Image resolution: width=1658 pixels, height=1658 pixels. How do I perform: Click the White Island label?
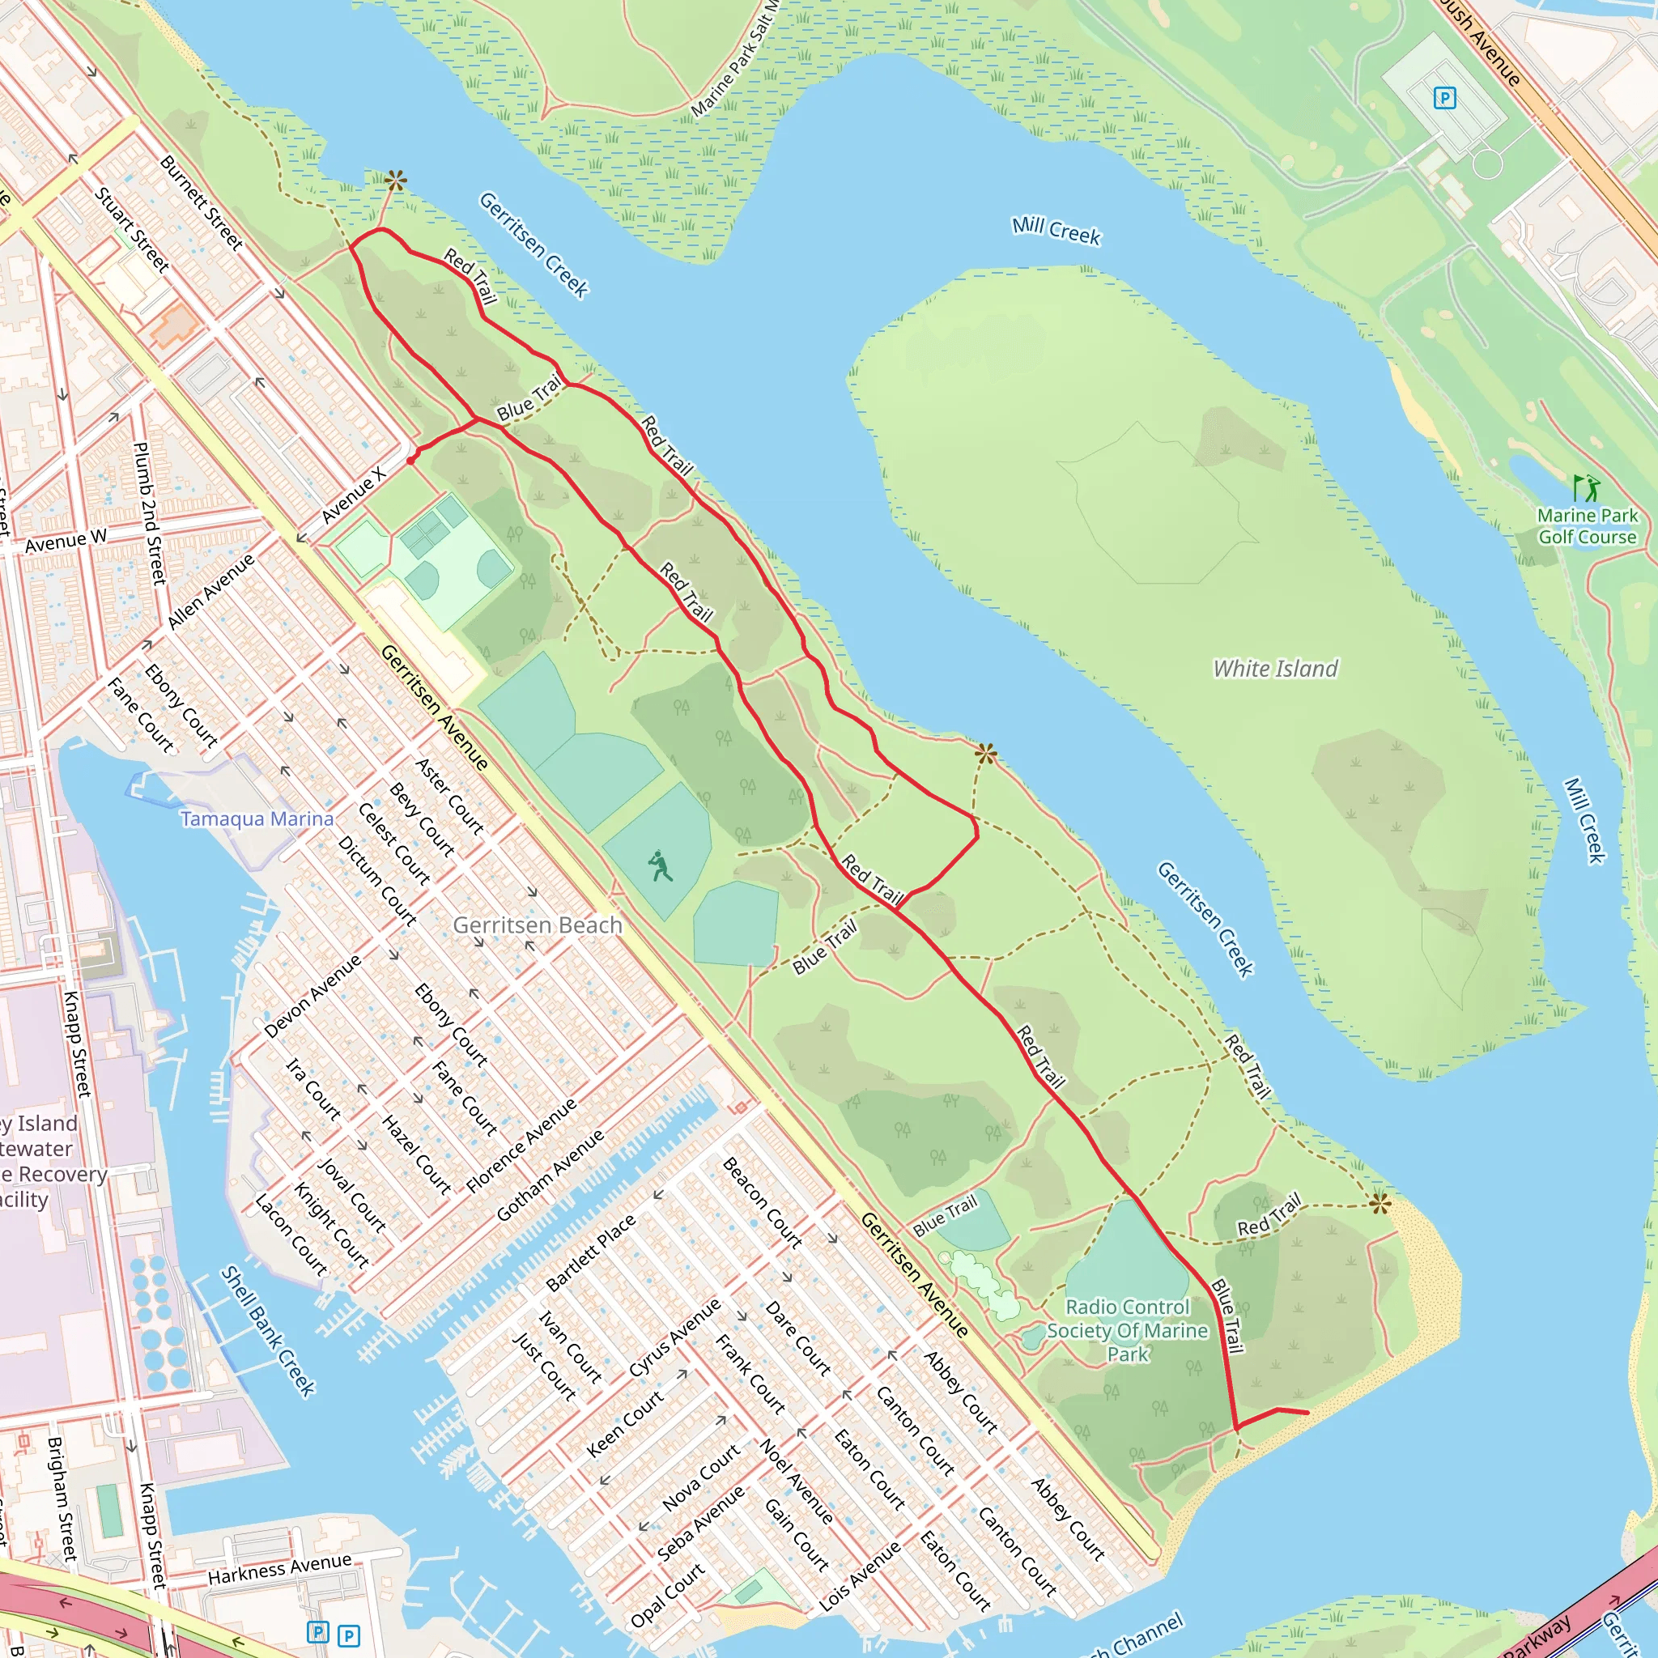[x=1274, y=669]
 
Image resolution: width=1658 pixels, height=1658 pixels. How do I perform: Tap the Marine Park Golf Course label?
[x=1587, y=526]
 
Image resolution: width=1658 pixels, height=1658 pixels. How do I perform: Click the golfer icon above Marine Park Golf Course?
[x=1587, y=488]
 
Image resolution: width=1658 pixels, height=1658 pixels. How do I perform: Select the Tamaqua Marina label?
[x=257, y=818]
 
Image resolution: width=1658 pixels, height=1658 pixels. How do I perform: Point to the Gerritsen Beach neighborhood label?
[x=538, y=925]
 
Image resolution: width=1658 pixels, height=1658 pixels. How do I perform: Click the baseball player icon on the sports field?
[x=660, y=866]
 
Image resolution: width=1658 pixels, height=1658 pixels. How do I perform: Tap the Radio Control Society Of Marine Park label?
[x=1128, y=1330]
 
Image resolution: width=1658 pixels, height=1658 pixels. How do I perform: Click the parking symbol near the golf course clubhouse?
[x=1444, y=99]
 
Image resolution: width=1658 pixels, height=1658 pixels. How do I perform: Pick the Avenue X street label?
[x=354, y=496]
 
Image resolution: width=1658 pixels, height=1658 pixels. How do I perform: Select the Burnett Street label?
[x=202, y=202]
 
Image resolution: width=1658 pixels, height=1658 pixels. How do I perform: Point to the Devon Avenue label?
[x=312, y=997]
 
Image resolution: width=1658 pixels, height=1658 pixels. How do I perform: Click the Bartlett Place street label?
[x=590, y=1253]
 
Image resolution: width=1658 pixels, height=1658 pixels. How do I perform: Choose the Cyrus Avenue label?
[x=674, y=1338]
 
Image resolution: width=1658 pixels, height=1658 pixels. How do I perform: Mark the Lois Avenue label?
[x=860, y=1575]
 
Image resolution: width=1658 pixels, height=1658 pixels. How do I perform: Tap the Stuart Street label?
[x=132, y=229]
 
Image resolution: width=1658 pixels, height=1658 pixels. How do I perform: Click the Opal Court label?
[x=668, y=1595]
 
